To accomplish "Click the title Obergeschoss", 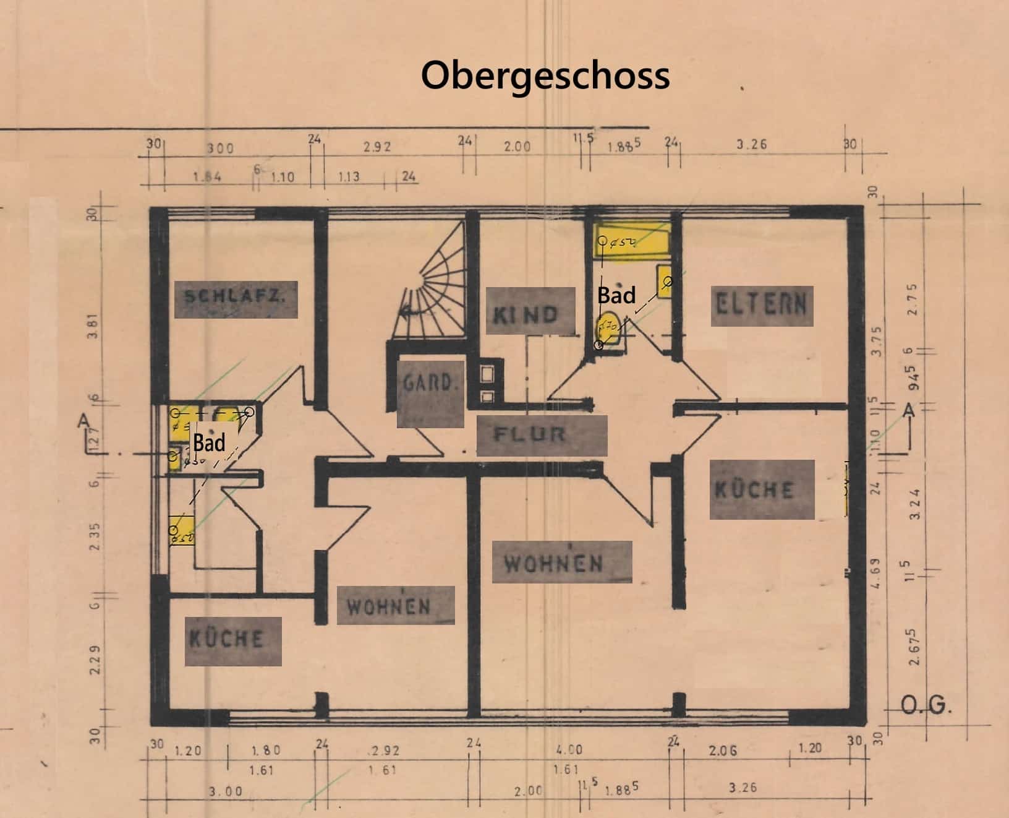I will pyautogui.click(x=545, y=75).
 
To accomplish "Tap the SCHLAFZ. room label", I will pyautogui.click(x=236, y=299).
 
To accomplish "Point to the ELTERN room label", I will pyautogui.click(x=761, y=305).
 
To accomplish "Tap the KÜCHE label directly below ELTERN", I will pyautogui.click(x=761, y=489).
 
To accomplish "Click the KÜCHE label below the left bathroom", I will pyautogui.click(x=233, y=640).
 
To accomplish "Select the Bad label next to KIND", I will pyautogui.click(x=616, y=296).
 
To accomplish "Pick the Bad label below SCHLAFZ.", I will pyautogui.click(x=210, y=443).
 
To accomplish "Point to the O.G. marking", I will pyautogui.click(x=926, y=706).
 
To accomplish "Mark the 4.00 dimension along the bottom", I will pyautogui.click(x=569, y=749).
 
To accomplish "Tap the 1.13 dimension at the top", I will pyautogui.click(x=349, y=177).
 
